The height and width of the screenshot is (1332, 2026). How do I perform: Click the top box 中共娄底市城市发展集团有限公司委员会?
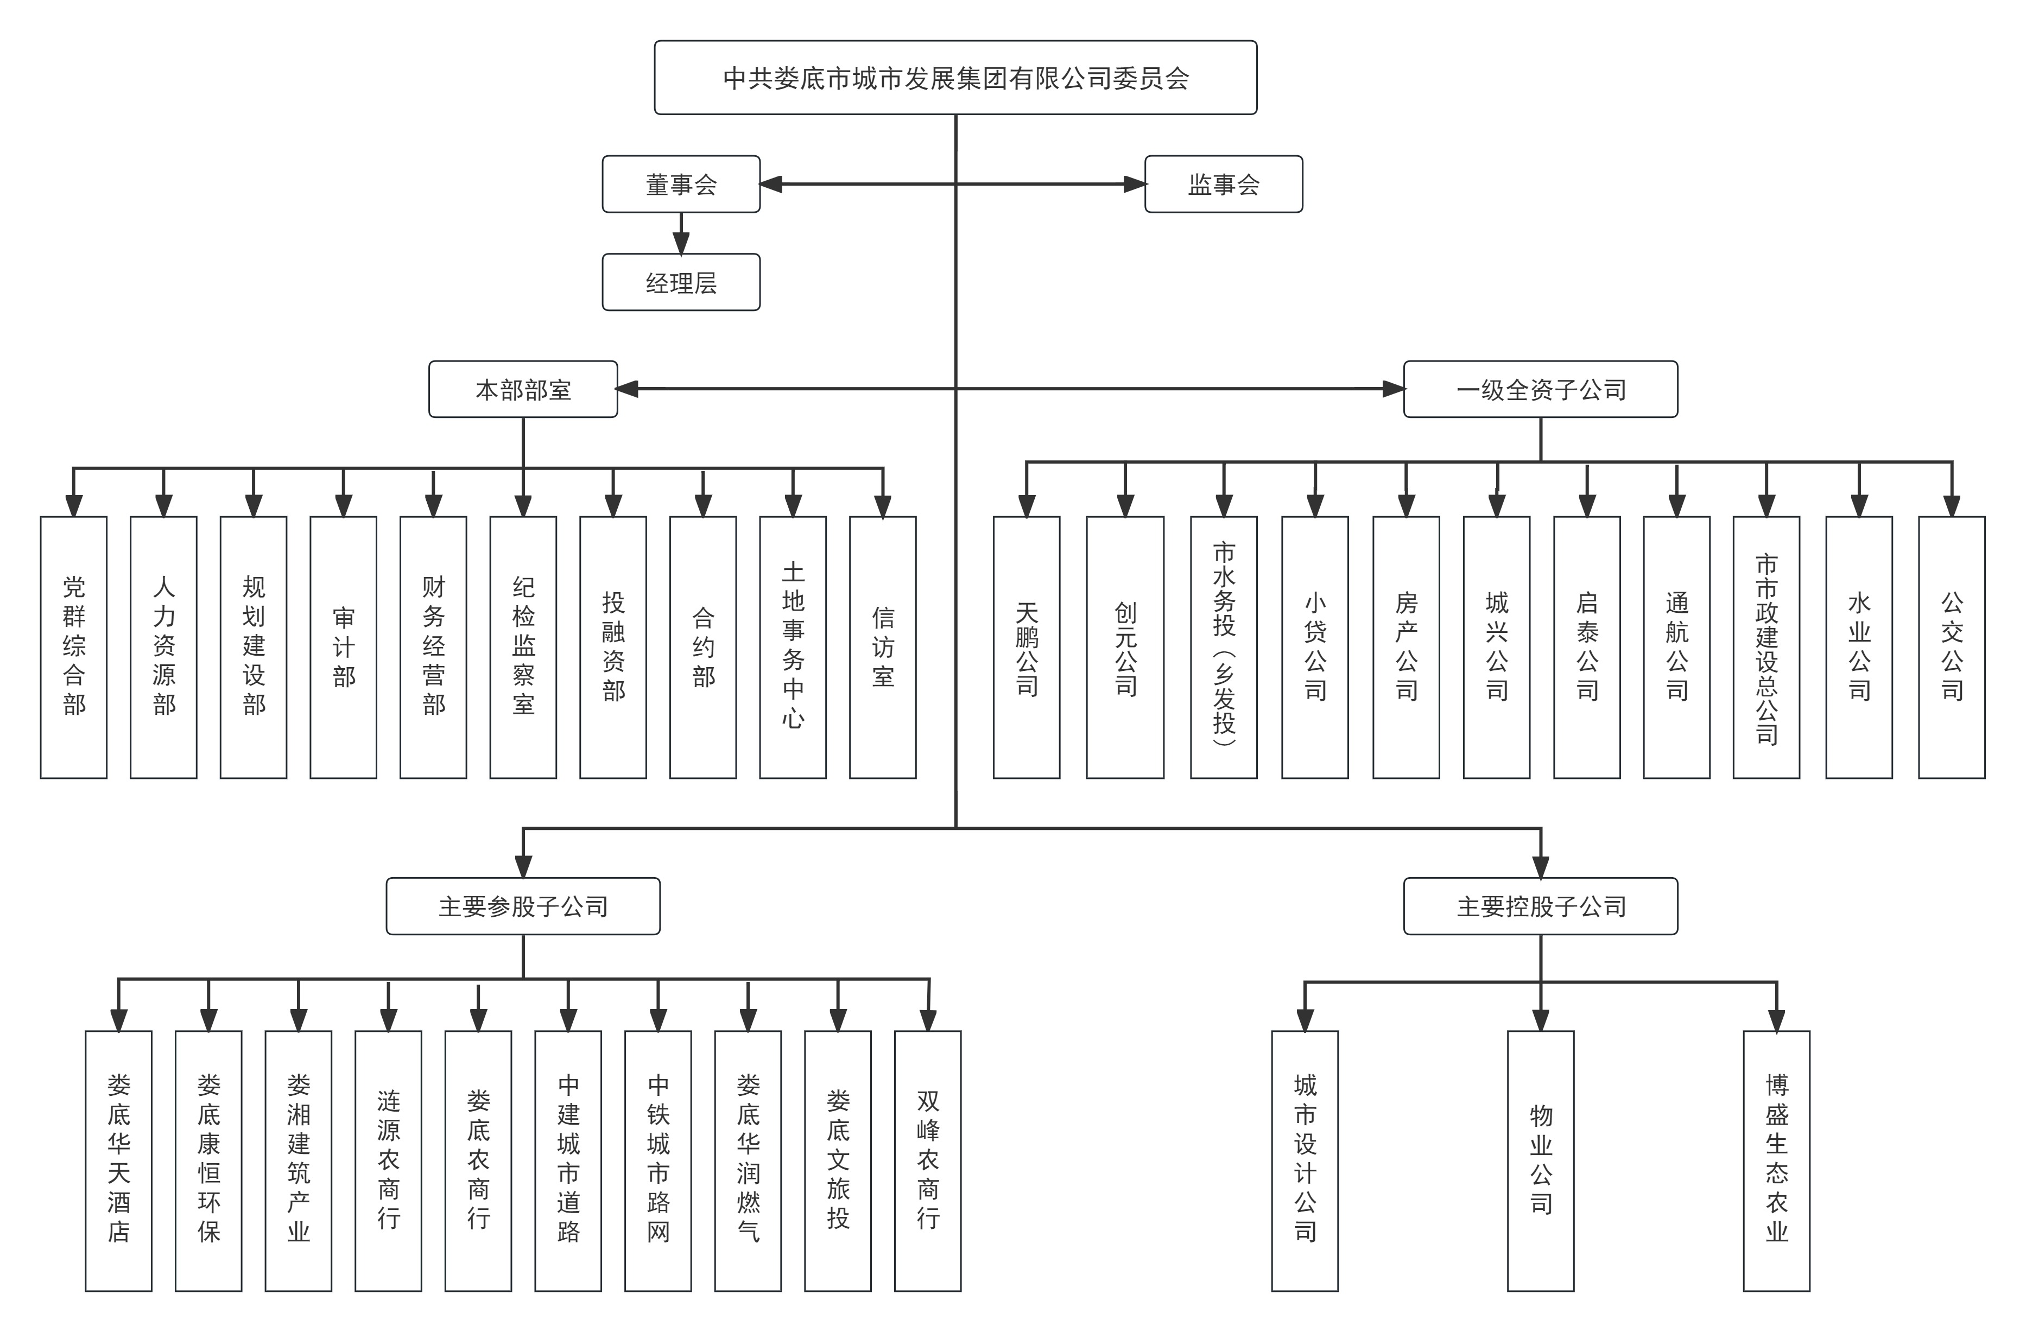(x=955, y=78)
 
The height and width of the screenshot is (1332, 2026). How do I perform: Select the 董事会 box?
(x=681, y=184)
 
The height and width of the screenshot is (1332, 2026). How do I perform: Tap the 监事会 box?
(x=1223, y=184)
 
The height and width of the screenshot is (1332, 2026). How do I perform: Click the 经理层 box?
(x=681, y=282)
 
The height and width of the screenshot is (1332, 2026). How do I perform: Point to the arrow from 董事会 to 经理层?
(x=681, y=233)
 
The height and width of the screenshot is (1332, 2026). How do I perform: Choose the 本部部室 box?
(x=523, y=389)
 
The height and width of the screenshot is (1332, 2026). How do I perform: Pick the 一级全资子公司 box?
(x=1540, y=389)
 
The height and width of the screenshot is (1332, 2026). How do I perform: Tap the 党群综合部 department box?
(x=74, y=647)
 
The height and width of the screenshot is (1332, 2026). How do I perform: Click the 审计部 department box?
(x=343, y=647)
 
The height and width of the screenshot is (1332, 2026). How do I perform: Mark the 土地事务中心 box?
(x=793, y=647)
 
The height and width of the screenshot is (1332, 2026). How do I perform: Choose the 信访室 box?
(x=883, y=647)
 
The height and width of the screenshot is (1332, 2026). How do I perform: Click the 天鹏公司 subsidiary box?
(x=1027, y=647)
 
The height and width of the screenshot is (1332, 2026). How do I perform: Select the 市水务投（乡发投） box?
(x=1223, y=647)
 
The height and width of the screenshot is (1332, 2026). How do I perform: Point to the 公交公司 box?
(x=1951, y=647)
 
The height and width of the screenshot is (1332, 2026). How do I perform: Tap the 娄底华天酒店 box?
(x=118, y=1161)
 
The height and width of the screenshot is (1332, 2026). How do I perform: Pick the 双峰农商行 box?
(x=928, y=1161)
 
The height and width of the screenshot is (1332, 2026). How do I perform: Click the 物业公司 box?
(x=1540, y=1161)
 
